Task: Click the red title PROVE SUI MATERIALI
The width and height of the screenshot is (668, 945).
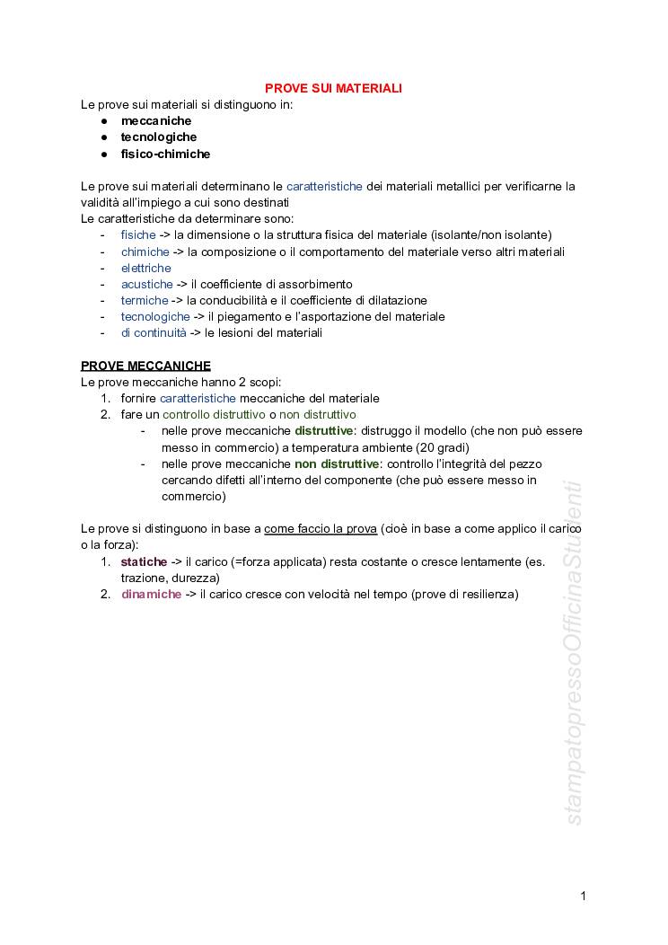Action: (x=333, y=88)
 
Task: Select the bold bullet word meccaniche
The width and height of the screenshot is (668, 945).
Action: (x=156, y=120)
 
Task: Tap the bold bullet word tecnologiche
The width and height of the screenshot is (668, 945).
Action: (x=159, y=137)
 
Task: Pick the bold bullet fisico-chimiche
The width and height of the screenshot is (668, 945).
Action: (x=165, y=154)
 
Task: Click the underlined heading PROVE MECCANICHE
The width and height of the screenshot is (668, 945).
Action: (x=145, y=366)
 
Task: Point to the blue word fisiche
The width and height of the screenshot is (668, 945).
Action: (x=138, y=234)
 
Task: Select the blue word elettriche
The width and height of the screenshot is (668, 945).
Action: (x=145, y=268)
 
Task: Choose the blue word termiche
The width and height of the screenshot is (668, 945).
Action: (x=145, y=300)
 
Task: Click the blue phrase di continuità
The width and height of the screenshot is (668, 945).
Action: (x=154, y=332)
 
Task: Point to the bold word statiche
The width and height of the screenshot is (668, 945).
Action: (x=144, y=561)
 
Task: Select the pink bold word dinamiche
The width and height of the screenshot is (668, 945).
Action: (x=151, y=595)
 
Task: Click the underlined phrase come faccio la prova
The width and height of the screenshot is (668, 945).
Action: (x=321, y=528)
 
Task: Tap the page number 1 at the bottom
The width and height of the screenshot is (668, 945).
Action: (x=584, y=896)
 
